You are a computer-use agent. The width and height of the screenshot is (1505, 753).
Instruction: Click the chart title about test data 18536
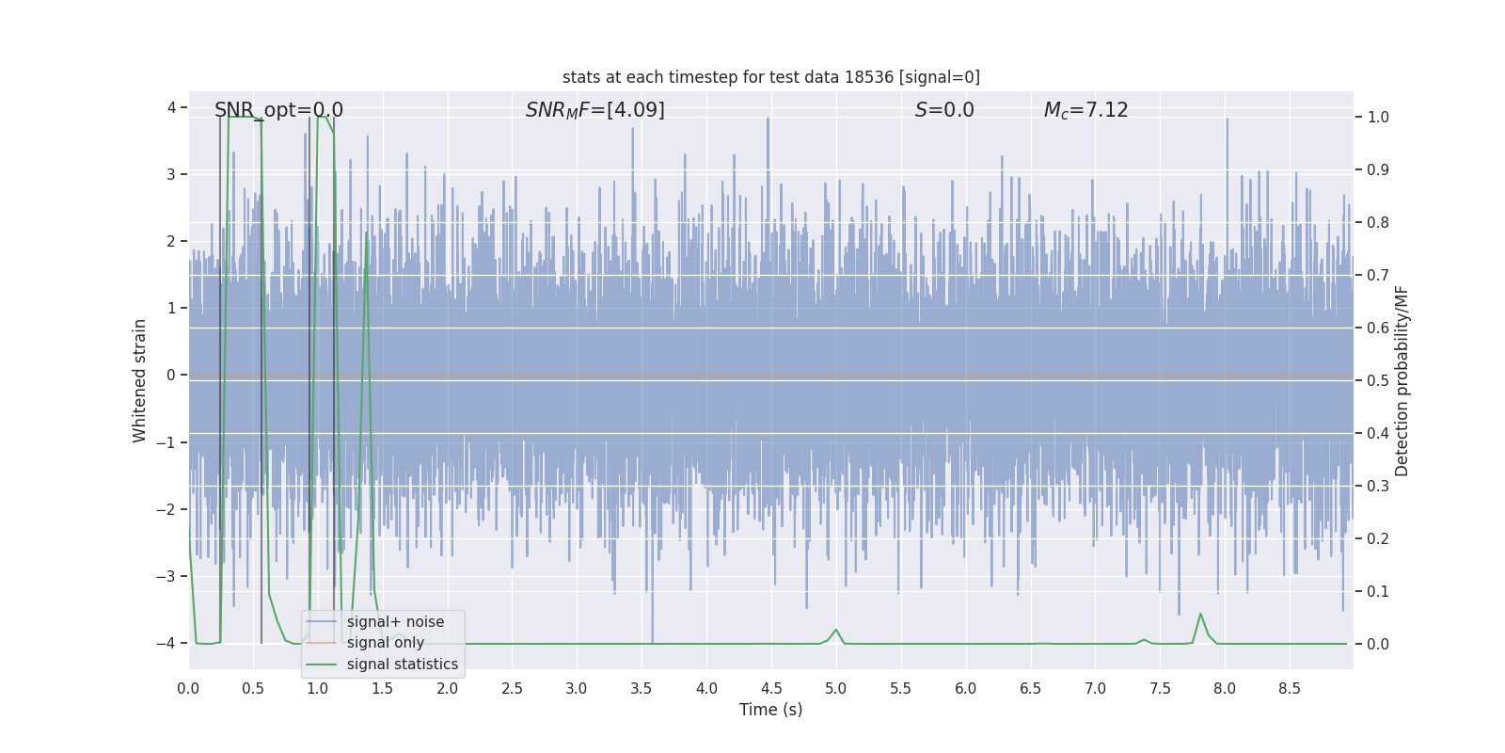[770, 77]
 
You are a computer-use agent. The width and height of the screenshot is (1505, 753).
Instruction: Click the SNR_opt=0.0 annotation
[278, 110]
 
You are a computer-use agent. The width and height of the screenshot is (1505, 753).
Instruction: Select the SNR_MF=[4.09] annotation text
[594, 110]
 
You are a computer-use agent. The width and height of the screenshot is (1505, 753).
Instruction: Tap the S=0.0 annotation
[944, 110]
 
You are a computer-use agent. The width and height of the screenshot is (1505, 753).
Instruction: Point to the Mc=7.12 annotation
[1085, 110]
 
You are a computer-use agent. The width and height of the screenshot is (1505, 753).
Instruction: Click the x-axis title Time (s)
[770, 710]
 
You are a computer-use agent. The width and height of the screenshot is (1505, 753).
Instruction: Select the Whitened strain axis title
[140, 380]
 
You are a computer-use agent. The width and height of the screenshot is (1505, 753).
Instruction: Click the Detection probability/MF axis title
[1402, 380]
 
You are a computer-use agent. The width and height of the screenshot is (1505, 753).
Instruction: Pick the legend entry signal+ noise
[395, 622]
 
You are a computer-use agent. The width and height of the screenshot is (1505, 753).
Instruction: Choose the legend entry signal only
[385, 643]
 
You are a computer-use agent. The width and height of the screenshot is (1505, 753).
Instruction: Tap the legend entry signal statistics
[402, 665]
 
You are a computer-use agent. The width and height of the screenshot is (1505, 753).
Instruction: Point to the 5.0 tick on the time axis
[835, 689]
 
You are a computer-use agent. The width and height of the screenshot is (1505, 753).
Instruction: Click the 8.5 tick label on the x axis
[1289, 689]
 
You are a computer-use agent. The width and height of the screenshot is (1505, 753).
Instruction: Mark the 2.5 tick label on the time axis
[512, 689]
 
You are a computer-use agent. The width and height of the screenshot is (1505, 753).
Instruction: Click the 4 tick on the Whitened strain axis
[171, 107]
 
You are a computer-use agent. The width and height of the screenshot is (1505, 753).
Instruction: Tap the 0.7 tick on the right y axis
[1378, 275]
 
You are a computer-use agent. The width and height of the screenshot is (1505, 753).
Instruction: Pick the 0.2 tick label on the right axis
[1378, 538]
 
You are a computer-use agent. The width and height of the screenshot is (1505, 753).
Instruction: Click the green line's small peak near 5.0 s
[835, 630]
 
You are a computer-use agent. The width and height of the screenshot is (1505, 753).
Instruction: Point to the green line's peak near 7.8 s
[1200, 615]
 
